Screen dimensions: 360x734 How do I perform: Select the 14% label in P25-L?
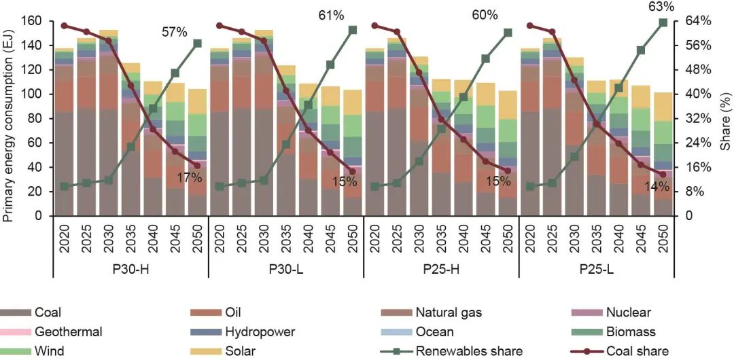[656, 186]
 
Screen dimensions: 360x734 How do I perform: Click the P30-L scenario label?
[285, 269]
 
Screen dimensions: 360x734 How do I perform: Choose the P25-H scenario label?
[441, 269]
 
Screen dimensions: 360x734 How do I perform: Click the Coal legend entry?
[48, 312]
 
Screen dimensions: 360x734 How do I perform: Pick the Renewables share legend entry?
[469, 351]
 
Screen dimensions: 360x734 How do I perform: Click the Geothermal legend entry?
[69, 332]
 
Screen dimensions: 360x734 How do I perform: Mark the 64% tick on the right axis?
[697, 22]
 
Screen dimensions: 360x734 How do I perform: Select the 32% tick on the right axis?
[697, 119]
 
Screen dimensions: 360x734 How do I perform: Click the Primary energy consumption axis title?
[9, 119]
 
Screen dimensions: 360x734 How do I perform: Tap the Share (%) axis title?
[726, 119]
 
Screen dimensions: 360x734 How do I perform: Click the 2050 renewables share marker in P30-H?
[198, 43]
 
